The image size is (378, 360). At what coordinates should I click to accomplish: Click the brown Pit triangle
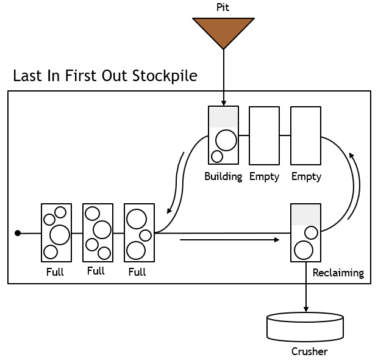coord(224,31)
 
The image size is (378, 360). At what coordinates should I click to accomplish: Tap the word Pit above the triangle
coord(224,7)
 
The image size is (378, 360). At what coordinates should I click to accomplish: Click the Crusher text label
coord(309,351)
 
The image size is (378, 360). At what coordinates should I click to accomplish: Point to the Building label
coord(223,176)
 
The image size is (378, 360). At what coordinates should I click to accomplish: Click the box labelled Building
coord(223,135)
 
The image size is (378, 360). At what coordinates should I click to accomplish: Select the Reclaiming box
coord(305,232)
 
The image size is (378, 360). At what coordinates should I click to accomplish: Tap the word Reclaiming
coord(338,273)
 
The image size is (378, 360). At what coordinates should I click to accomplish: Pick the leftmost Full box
coord(55,232)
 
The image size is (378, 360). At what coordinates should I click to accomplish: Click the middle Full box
coord(98,232)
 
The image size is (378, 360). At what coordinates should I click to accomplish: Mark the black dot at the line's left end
coord(18,233)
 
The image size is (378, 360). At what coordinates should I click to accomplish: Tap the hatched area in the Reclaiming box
coord(305,213)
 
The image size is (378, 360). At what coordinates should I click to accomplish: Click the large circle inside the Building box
coord(226,141)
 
